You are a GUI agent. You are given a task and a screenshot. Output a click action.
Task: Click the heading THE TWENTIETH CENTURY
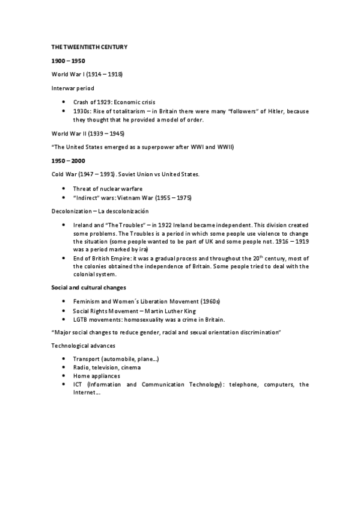point(89,46)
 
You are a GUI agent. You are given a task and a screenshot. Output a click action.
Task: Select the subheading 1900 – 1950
point(65,61)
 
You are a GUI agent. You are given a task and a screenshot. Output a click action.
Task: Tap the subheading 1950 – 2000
point(65,161)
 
